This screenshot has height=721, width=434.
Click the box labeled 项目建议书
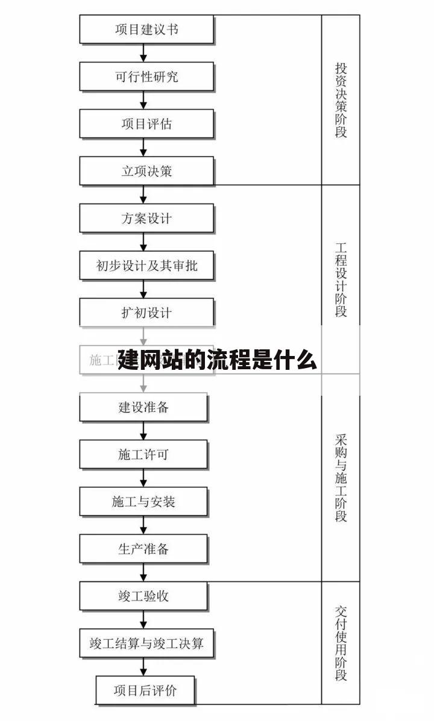pos(146,30)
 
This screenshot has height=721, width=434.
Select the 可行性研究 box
pos(146,76)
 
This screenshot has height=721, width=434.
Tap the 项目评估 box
pos(146,123)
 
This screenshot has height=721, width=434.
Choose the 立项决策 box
pos(146,170)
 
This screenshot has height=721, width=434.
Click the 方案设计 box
pos(146,217)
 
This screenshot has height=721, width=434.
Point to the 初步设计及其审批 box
pos(146,265)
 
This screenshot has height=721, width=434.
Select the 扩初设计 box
pos(146,312)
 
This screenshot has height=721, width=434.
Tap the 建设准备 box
pos(143,407)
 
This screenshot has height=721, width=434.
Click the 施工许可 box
pos(143,454)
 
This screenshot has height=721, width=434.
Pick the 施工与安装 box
pos(143,501)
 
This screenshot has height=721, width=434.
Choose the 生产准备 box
pos(143,548)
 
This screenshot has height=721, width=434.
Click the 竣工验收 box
pos(143,596)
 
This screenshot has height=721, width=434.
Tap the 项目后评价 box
pos(145,690)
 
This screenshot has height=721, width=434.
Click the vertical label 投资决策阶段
pos(341,100)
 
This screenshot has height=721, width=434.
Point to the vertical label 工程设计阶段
pos(341,279)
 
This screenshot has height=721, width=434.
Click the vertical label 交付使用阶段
pos(341,643)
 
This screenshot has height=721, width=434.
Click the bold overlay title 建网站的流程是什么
pos(217,360)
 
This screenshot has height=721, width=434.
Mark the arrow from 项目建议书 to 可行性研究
pos(143,53)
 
